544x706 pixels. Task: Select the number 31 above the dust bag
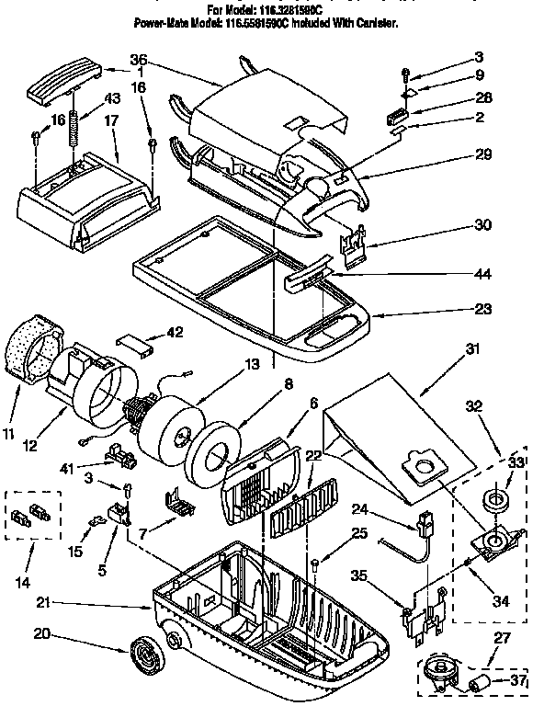pos(447,348)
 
